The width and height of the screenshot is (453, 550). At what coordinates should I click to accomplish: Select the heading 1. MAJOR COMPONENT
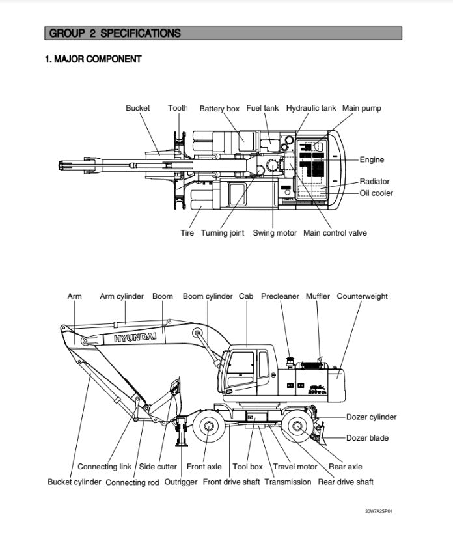click(x=93, y=59)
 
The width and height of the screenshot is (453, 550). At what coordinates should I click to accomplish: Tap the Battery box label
click(x=219, y=109)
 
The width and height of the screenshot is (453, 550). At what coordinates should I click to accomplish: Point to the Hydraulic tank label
click(x=311, y=108)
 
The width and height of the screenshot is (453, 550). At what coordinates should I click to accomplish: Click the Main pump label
click(x=362, y=108)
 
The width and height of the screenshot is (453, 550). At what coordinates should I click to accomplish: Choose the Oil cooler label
click(x=376, y=193)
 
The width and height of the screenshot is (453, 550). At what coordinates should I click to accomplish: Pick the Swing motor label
click(x=275, y=233)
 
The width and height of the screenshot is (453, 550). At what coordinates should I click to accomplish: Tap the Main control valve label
click(x=335, y=233)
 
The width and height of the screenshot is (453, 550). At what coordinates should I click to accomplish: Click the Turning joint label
click(x=223, y=233)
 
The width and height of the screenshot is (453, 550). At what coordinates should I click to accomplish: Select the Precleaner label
click(x=280, y=296)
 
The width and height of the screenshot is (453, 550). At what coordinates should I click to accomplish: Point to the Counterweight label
click(x=362, y=296)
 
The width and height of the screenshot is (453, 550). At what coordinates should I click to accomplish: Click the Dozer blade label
click(x=367, y=438)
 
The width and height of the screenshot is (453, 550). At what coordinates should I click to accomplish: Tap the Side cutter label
click(x=158, y=467)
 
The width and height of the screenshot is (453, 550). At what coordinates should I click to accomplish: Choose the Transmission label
click(x=288, y=482)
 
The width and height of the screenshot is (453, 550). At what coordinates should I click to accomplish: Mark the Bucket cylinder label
click(x=74, y=482)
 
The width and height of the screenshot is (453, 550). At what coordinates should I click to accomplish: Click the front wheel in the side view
click(x=210, y=428)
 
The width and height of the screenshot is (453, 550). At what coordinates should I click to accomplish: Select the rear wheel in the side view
click(x=299, y=428)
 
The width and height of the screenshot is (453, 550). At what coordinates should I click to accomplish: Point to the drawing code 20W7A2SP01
click(x=378, y=511)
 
